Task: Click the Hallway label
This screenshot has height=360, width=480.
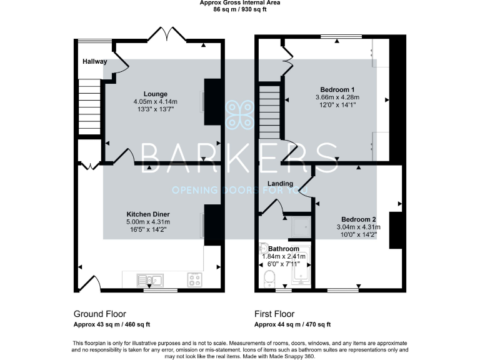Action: click(94, 61)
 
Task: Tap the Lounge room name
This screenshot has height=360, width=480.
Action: click(155, 93)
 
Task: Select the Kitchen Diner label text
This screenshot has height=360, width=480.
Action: click(148, 214)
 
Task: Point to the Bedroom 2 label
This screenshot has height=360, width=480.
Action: click(359, 219)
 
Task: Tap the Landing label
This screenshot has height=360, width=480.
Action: click(280, 183)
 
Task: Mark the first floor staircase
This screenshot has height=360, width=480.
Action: click(269, 112)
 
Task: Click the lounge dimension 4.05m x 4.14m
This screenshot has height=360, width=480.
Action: click(155, 101)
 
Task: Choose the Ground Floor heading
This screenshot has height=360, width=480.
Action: click(100, 314)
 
